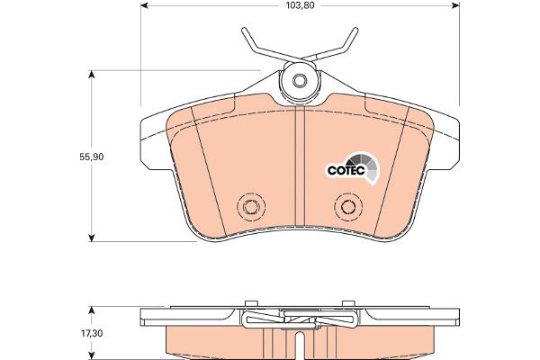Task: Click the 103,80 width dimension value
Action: click(x=300, y=5)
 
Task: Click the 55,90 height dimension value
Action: click(x=92, y=157)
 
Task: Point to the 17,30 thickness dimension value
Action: click(x=91, y=333)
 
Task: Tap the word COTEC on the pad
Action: click(x=346, y=170)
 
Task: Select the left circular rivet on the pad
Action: click(x=251, y=207)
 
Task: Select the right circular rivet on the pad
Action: click(x=348, y=207)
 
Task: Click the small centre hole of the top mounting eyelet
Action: click(x=300, y=81)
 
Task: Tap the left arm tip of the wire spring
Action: click(x=244, y=31)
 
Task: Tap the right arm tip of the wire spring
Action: click(x=356, y=31)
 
